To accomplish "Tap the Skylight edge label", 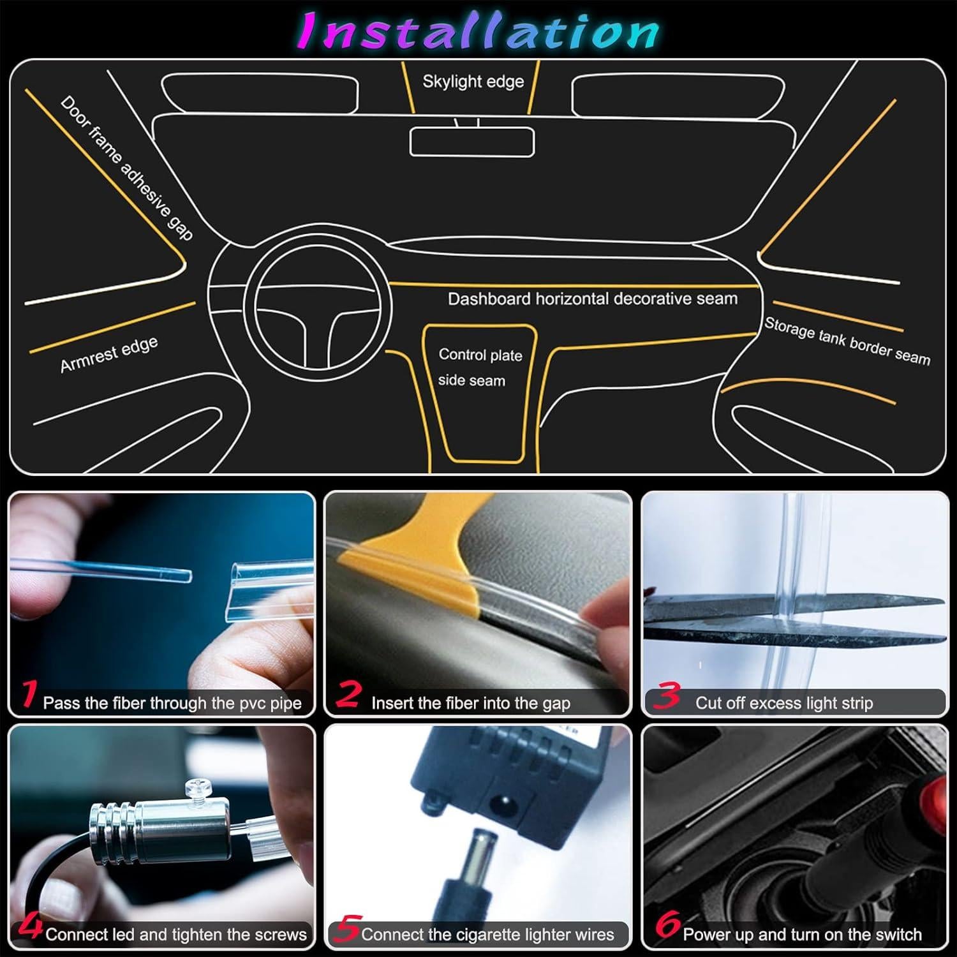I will pyautogui.click(x=473, y=82).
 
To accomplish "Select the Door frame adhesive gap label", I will pyautogui.click(x=126, y=168).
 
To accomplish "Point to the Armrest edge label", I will pyautogui.click(x=108, y=355).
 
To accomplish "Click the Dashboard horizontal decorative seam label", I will pyautogui.click(x=592, y=299).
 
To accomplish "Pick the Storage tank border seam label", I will pyautogui.click(x=847, y=342).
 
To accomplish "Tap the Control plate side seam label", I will pyautogui.click(x=479, y=367).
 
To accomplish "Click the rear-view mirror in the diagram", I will pyautogui.click(x=471, y=142).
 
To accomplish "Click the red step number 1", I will pyautogui.click(x=28, y=695).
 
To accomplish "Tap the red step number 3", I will pyautogui.click(x=667, y=695).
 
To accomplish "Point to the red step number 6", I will pyautogui.click(x=667, y=925).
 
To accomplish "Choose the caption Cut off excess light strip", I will pyautogui.click(x=783, y=703).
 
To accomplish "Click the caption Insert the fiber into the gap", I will pyautogui.click(x=470, y=703).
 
